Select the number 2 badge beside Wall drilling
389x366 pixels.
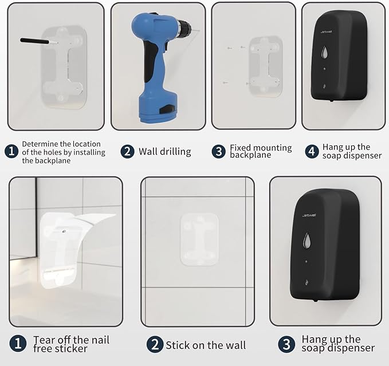pyautogui.click(x=127, y=152)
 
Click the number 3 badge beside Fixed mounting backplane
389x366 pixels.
pyautogui.click(x=218, y=152)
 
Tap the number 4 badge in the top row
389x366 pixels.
pyautogui.click(x=312, y=152)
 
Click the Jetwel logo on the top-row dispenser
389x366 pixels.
pyautogui.click(x=326, y=32)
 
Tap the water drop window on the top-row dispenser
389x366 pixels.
pyautogui.click(x=324, y=53)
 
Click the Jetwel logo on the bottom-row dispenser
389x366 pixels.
pyautogui.click(x=309, y=215)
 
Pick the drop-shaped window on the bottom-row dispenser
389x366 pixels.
pyautogui.click(x=307, y=241)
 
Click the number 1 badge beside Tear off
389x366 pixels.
pyautogui.click(x=18, y=344)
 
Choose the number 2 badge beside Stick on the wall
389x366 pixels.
pyautogui.click(x=155, y=344)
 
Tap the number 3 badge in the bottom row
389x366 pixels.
pyautogui.click(x=286, y=344)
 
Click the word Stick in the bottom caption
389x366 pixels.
pyautogui.click(x=177, y=345)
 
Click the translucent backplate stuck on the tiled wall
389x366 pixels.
pyautogui.click(x=199, y=239)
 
